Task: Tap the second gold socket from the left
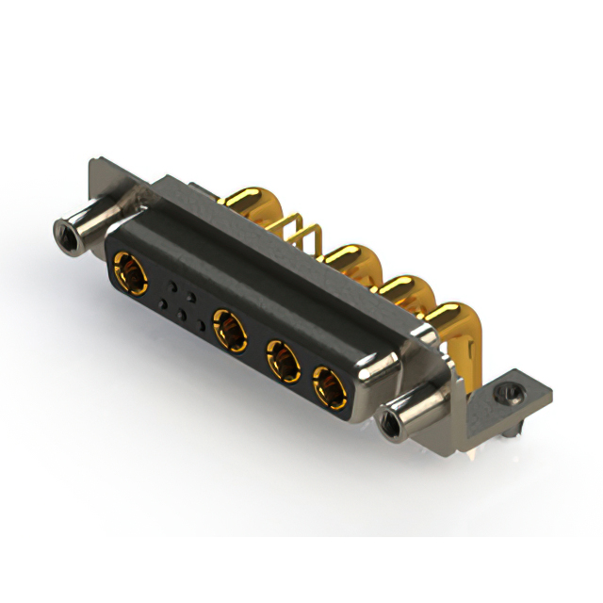229,331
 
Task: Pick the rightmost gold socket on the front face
329,386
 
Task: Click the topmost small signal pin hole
171,282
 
